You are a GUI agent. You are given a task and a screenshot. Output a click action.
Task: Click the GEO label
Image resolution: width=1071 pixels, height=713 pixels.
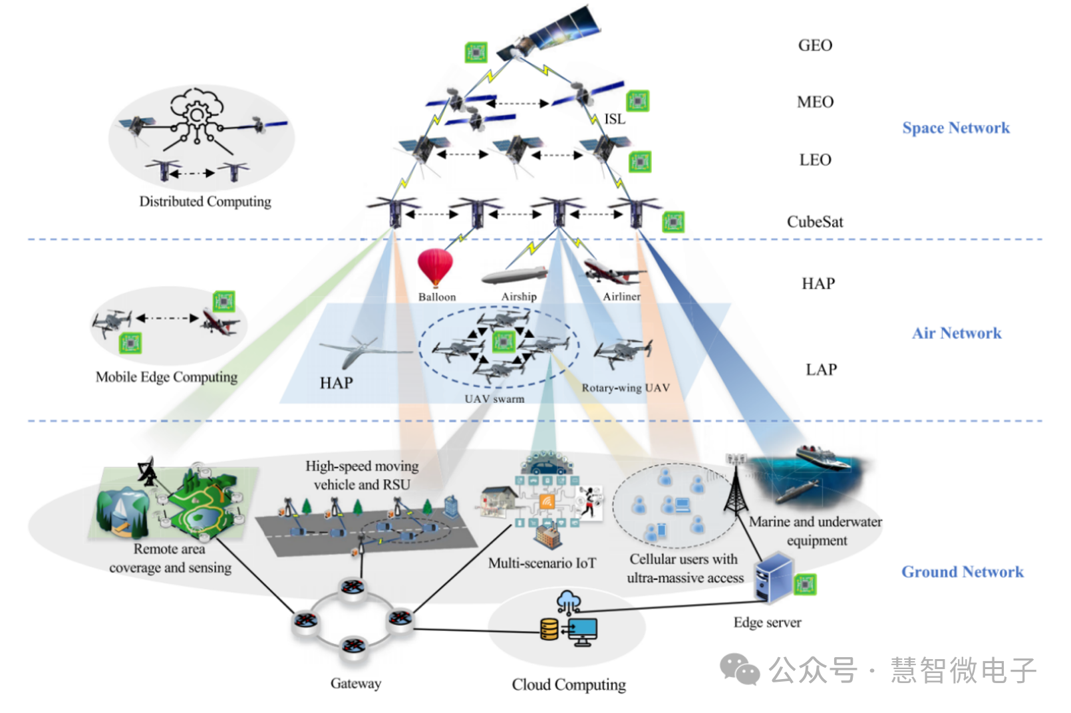click(815, 45)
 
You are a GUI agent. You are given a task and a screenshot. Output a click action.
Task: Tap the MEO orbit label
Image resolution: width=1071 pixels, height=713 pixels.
click(815, 102)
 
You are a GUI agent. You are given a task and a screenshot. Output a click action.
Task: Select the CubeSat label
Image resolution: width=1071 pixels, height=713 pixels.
click(815, 221)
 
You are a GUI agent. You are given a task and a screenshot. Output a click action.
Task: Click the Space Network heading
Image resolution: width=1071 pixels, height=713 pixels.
click(955, 128)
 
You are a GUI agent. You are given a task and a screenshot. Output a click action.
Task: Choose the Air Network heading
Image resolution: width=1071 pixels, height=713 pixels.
click(956, 333)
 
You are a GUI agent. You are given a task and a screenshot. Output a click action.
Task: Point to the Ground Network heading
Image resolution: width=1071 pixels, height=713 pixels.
click(962, 572)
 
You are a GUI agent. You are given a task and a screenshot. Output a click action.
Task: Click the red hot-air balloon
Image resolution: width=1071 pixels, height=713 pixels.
click(435, 267)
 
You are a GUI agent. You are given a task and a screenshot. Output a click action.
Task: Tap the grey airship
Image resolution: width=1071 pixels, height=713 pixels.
click(514, 275)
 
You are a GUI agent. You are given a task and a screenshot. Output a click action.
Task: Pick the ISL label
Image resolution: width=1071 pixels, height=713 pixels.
click(614, 119)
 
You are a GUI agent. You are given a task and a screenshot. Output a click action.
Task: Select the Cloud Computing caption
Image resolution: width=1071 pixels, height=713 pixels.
click(569, 684)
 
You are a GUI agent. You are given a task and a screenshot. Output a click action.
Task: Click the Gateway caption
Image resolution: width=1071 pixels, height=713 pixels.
click(356, 683)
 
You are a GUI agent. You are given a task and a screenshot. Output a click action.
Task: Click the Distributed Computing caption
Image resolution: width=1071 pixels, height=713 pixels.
click(205, 202)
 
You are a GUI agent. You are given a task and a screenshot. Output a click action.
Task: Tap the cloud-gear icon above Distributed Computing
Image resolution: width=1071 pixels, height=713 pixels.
click(196, 113)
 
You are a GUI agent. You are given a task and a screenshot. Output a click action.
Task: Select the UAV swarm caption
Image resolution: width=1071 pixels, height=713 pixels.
click(494, 398)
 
